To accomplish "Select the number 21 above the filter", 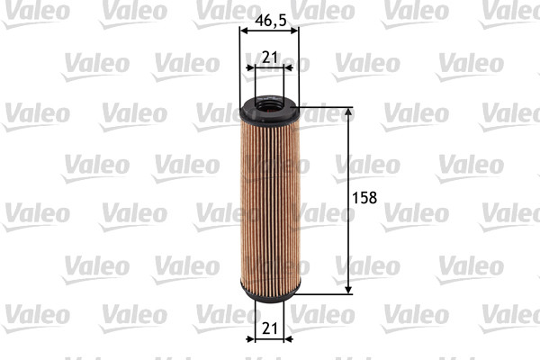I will pyautogui.click(x=269, y=58).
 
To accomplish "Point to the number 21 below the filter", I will pyautogui.click(x=269, y=330).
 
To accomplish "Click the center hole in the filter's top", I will pyautogui.click(x=269, y=106).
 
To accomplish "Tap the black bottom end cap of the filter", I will pyautogui.click(x=269, y=292).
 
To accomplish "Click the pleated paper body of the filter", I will pyautogui.click(x=269, y=202).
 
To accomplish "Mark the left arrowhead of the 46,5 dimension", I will pyautogui.click(x=243, y=29).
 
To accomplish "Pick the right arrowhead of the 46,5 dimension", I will pyautogui.click(x=295, y=29).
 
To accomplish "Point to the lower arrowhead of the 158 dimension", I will pyautogui.click(x=348, y=287).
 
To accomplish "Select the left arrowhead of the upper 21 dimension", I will pyautogui.click(x=249, y=67).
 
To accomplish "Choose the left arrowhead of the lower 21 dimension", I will pyautogui.click(x=249, y=340).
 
